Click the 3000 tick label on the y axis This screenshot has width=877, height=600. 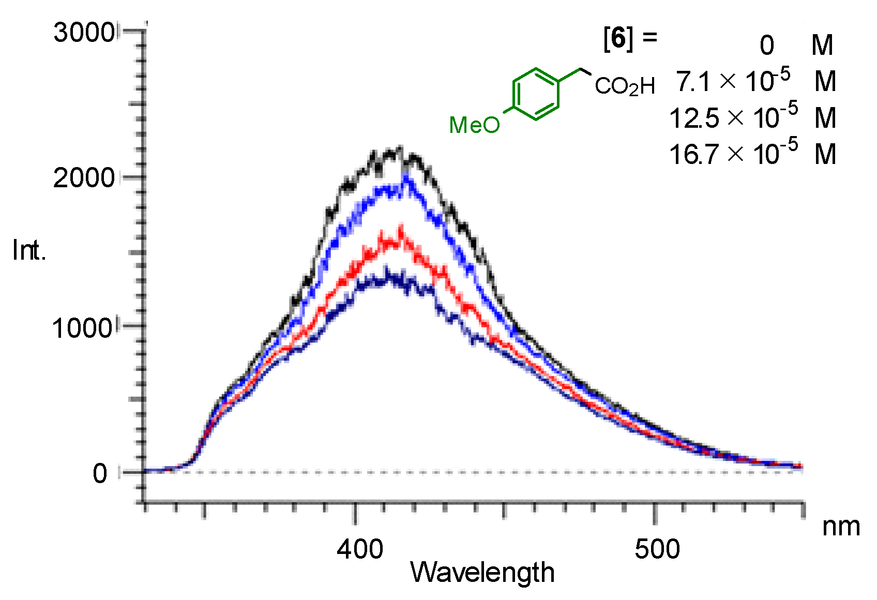(x=84, y=33)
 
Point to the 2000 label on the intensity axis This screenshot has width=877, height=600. (x=84, y=178)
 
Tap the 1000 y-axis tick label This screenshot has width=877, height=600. (x=83, y=327)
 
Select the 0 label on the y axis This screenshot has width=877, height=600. (x=100, y=473)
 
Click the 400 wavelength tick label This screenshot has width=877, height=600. (x=360, y=549)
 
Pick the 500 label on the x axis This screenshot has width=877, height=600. (x=657, y=549)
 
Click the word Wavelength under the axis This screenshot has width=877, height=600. (x=482, y=573)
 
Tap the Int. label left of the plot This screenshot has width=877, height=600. (x=29, y=251)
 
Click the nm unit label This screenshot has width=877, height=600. (x=841, y=527)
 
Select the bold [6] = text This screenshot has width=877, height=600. (x=629, y=38)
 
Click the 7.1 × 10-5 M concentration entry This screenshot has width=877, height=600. (x=755, y=81)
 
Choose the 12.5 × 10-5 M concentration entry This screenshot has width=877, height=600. (x=752, y=117)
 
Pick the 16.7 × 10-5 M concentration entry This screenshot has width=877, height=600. (x=752, y=154)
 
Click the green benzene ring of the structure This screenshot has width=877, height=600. (x=536, y=94)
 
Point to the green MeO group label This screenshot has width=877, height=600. (x=474, y=125)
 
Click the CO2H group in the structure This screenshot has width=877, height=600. (x=625, y=86)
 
